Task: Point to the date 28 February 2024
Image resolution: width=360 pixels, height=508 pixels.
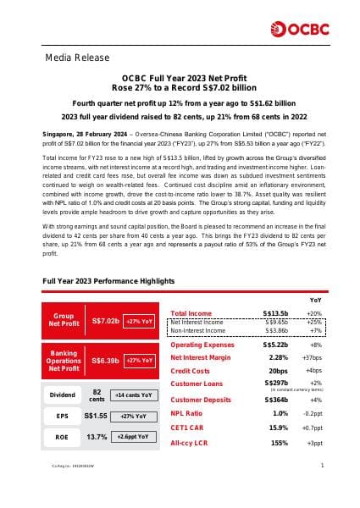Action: [x=94, y=135]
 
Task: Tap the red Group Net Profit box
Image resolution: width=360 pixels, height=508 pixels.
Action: [x=64, y=318]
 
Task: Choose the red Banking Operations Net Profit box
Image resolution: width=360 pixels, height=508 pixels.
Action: [x=64, y=360]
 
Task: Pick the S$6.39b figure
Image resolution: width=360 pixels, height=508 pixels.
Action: [x=105, y=361]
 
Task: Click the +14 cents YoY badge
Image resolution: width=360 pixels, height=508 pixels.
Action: [x=134, y=395]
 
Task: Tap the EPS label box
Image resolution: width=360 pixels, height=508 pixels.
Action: [x=62, y=416]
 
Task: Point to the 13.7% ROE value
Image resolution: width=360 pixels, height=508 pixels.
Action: [x=97, y=437]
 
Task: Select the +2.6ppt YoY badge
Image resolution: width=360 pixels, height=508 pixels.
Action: [x=134, y=437]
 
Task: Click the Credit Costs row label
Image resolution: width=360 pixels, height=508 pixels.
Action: [x=190, y=371]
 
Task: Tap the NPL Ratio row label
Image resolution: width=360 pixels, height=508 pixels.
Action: [x=188, y=413]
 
